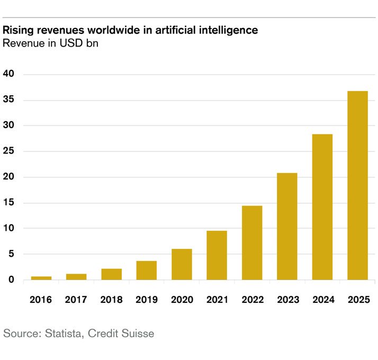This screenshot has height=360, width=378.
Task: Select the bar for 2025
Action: click(357, 185)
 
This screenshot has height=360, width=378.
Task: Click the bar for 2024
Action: click(322, 207)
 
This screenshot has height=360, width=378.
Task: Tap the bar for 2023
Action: click(287, 227)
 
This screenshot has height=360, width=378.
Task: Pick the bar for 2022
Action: click(252, 243)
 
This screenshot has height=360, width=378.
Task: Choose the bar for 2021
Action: click(217, 255)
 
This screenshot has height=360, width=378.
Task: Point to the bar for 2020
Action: click(182, 264)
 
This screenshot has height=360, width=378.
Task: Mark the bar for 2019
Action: click(147, 271)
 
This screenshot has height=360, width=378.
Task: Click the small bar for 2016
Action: click(41, 278)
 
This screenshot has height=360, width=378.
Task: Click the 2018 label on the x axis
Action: click(111, 300)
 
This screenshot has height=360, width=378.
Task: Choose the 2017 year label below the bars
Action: click(76, 300)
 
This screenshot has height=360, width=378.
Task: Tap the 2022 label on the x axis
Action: click(252, 300)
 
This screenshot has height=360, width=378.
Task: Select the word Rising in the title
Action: click(18, 31)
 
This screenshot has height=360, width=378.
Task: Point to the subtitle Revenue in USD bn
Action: click(51, 43)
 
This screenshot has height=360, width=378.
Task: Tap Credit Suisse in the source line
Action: click(121, 334)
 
